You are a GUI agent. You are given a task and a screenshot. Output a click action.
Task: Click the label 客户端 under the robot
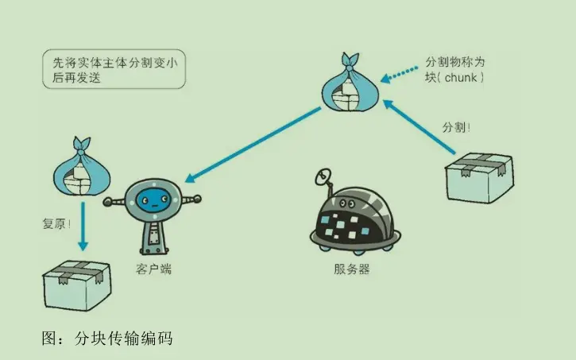(x=153, y=269)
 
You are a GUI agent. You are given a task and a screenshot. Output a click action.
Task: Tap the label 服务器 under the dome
(x=352, y=269)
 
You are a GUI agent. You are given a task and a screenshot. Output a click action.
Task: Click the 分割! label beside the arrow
(x=454, y=127)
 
